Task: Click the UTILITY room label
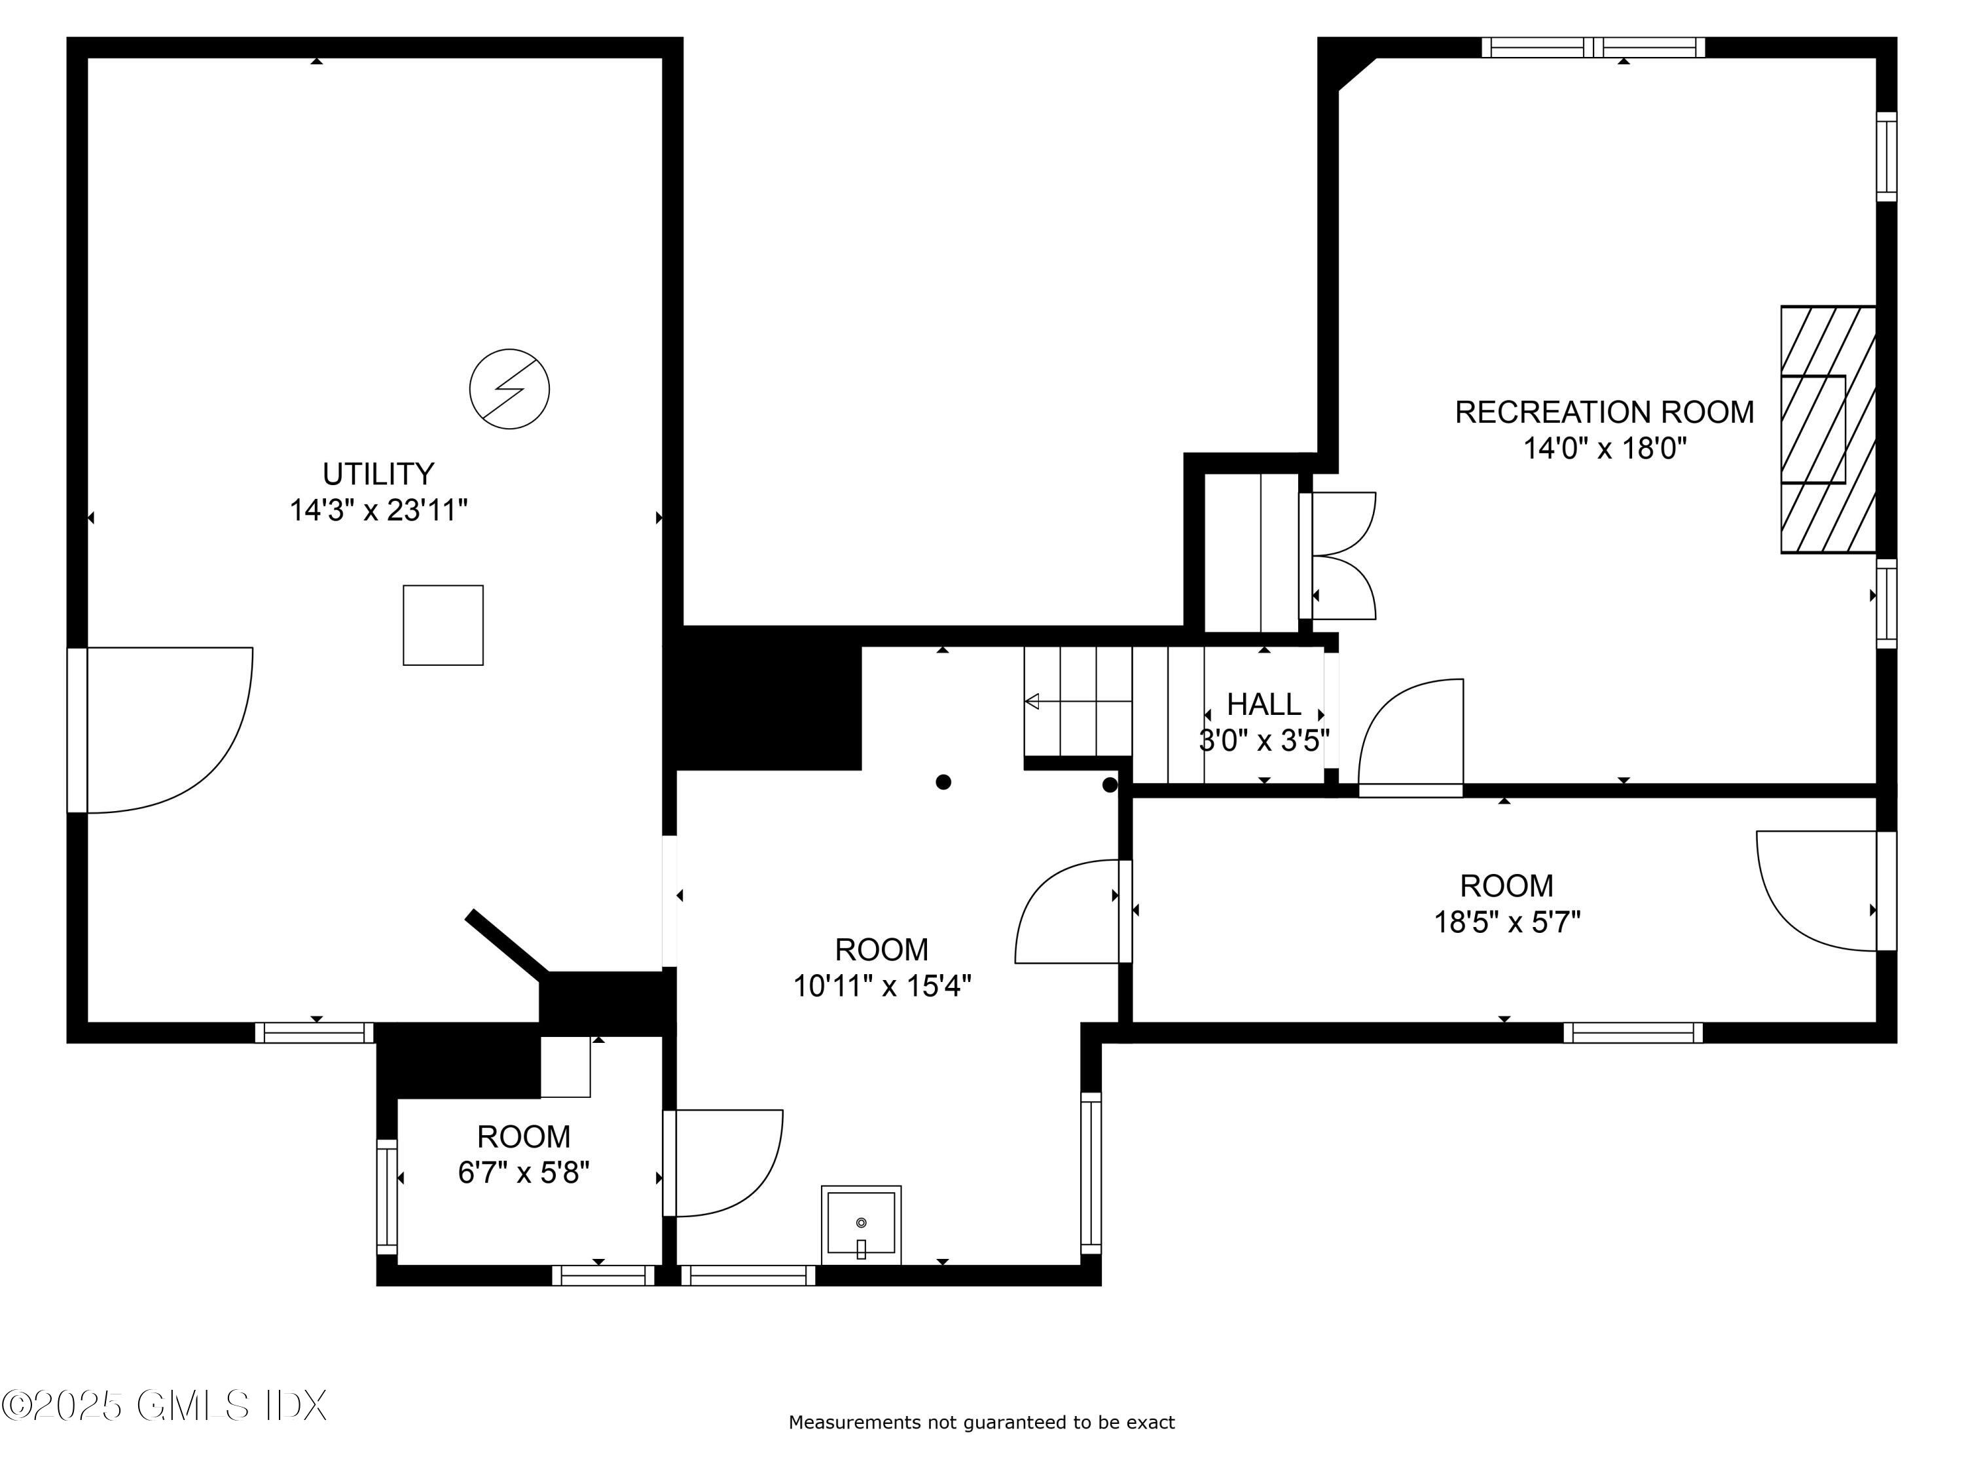pyautogui.click(x=378, y=474)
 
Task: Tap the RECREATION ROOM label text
pyautogui.click(x=1605, y=412)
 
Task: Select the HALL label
pyautogui.click(x=1264, y=704)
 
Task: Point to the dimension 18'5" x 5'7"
pyautogui.click(x=1507, y=922)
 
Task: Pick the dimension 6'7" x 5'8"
pyautogui.click(x=524, y=1173)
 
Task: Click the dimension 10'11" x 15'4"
pyautogui.click(x=882, y=985)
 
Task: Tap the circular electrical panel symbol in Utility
pyautogui.click(x=509, y=389)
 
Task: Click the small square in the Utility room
pyautogui.click(x=443, y=625)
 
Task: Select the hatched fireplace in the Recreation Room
pyautogui.click(x=1827, y=429)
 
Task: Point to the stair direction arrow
pyautogui.click(x=1078, y=701)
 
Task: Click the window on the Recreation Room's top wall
pyautogui.click(x=1593, y=47)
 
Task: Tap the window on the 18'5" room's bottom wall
pyautogui.click(x=1633, y=1032)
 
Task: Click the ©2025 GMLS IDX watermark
pyautogui.click(x=164, y=1406)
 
